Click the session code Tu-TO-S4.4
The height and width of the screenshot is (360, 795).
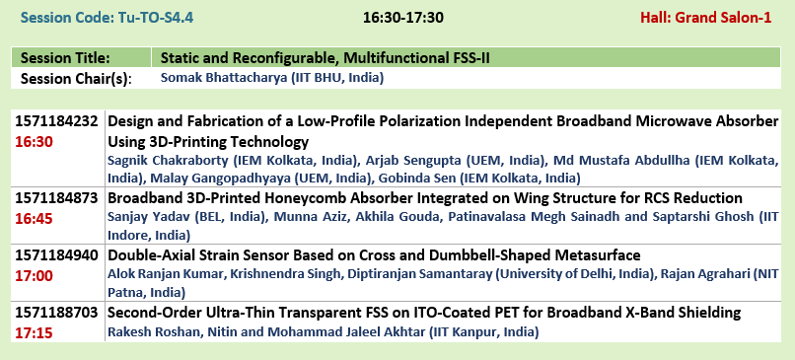click(156, 19)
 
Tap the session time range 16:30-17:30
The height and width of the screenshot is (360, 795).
click(403, 19)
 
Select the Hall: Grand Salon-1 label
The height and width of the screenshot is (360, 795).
click(706, 19)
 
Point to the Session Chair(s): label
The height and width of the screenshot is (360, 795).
click(76, 79)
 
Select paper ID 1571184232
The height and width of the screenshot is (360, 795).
click(56, 121)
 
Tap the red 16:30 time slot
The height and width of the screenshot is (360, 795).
click(34, 142)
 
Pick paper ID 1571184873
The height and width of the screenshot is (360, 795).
click(56, 198)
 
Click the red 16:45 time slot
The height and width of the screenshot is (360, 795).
click(34, 219)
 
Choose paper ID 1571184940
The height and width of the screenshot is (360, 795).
click(56, 255)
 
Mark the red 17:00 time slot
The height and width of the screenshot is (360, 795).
click(34, 276)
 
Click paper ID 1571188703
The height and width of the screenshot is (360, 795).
click(56, 313)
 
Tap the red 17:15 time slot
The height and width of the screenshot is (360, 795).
click(34, 333)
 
